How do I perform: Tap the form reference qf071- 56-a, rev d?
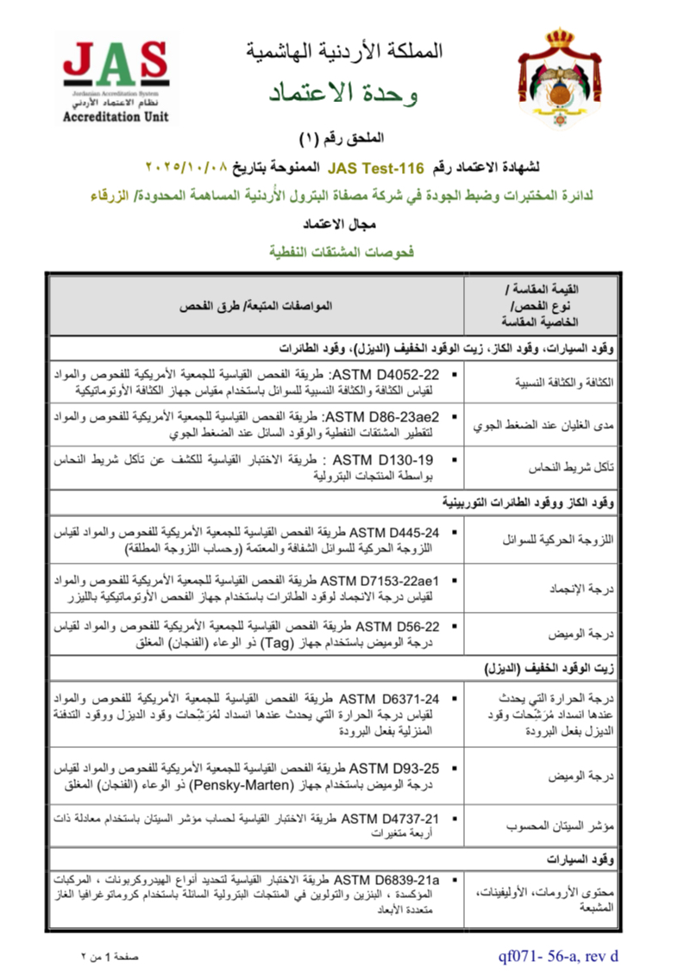tap(557, 955)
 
